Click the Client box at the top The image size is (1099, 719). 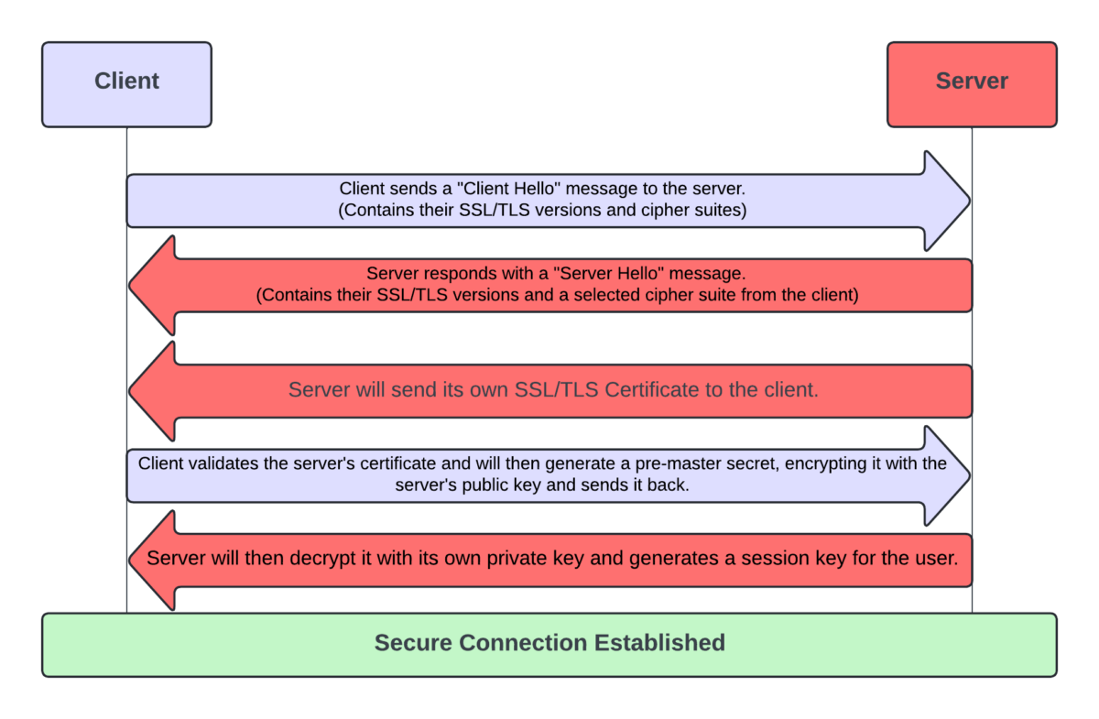coord(126,83)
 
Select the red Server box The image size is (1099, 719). coord(972,83)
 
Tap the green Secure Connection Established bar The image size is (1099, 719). coord(549,644)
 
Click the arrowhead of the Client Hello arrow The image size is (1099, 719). coord(947,201)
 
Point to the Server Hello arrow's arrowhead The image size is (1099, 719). coord(152,285)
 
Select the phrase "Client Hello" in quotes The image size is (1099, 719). coord(513,189)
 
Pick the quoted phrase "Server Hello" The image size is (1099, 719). coord(540,273)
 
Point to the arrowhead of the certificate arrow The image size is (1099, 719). coord(152,391)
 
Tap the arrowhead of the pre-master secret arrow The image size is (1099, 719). coord(947,475)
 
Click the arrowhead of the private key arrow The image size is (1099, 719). coord(152,560)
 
